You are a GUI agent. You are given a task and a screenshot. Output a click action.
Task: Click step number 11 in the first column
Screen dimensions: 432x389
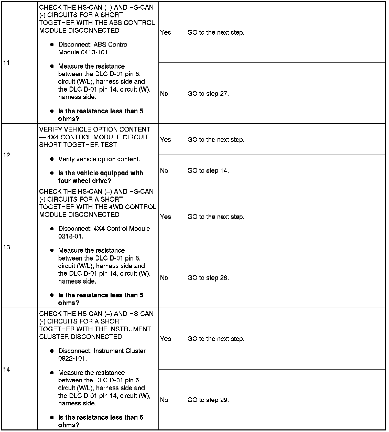pos(7,63)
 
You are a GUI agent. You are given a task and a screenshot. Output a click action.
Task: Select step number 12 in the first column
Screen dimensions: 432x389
pos(7,155)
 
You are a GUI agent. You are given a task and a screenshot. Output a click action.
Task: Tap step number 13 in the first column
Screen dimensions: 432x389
pos(7,247)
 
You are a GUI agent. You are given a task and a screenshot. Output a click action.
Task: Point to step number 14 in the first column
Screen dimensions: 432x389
pos(7,370)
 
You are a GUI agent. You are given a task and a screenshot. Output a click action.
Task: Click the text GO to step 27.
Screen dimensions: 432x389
pos(208,94)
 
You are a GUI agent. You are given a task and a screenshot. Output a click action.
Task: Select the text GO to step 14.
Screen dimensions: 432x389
pos(208,171)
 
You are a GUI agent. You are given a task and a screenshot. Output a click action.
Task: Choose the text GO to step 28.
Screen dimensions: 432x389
pos(208,278)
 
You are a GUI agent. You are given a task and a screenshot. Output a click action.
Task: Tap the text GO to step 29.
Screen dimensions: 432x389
pos(208,400)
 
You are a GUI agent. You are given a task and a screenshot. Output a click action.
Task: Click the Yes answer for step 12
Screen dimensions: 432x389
pos(165,140)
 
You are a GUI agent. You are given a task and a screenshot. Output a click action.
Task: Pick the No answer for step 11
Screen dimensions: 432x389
pos(164,94)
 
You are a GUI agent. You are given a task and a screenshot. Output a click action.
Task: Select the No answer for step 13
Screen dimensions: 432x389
pos(164,278)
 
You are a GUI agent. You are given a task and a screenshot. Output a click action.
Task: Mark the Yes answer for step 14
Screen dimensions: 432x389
pos(165,339)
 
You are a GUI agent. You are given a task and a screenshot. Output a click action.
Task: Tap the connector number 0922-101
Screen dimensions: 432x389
pos(72,359)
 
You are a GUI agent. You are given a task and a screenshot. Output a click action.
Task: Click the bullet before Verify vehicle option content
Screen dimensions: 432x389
pos(52,159)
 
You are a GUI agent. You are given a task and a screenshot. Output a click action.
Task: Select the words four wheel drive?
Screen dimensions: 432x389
pos(85,181)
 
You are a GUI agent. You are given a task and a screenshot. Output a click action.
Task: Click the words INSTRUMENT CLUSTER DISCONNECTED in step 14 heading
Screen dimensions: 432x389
pos(95,333)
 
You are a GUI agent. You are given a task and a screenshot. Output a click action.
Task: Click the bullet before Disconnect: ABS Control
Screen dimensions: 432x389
pos(52,45)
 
